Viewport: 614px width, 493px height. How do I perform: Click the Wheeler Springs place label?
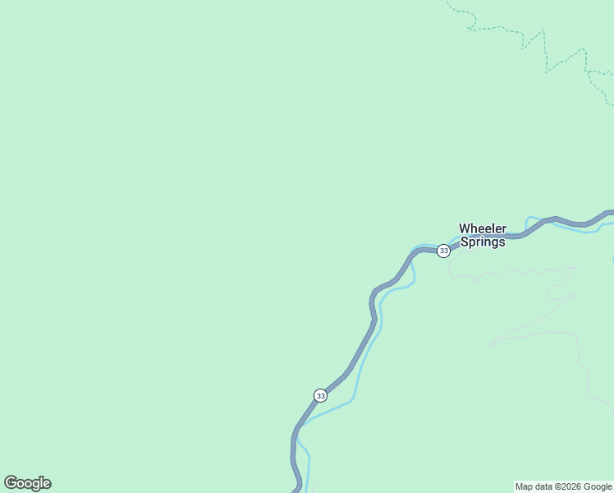coord(483,235)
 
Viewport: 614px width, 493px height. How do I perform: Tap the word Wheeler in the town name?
coord(483,228)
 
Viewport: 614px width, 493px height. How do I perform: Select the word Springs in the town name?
coord(483,242)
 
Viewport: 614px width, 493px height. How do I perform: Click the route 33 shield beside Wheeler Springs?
coord(443,251)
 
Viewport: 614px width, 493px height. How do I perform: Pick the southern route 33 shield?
coord(320,395)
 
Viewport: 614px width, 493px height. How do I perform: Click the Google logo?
coord(27,483)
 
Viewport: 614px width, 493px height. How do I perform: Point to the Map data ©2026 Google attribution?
coord(563,486)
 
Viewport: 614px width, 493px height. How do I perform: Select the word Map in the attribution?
coord(524,486)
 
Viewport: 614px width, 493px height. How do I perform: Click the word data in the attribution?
coord(543,486)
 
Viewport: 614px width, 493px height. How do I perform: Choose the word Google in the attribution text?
coord(598,486)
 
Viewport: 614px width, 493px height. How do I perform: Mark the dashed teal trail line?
coord(545,49)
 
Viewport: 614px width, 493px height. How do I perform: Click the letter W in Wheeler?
coord(465,228)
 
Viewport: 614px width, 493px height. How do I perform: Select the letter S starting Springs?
coord(464,242)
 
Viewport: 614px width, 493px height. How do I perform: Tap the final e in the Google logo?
coord(46,484)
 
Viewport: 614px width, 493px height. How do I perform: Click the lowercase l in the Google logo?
coord(40,483)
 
